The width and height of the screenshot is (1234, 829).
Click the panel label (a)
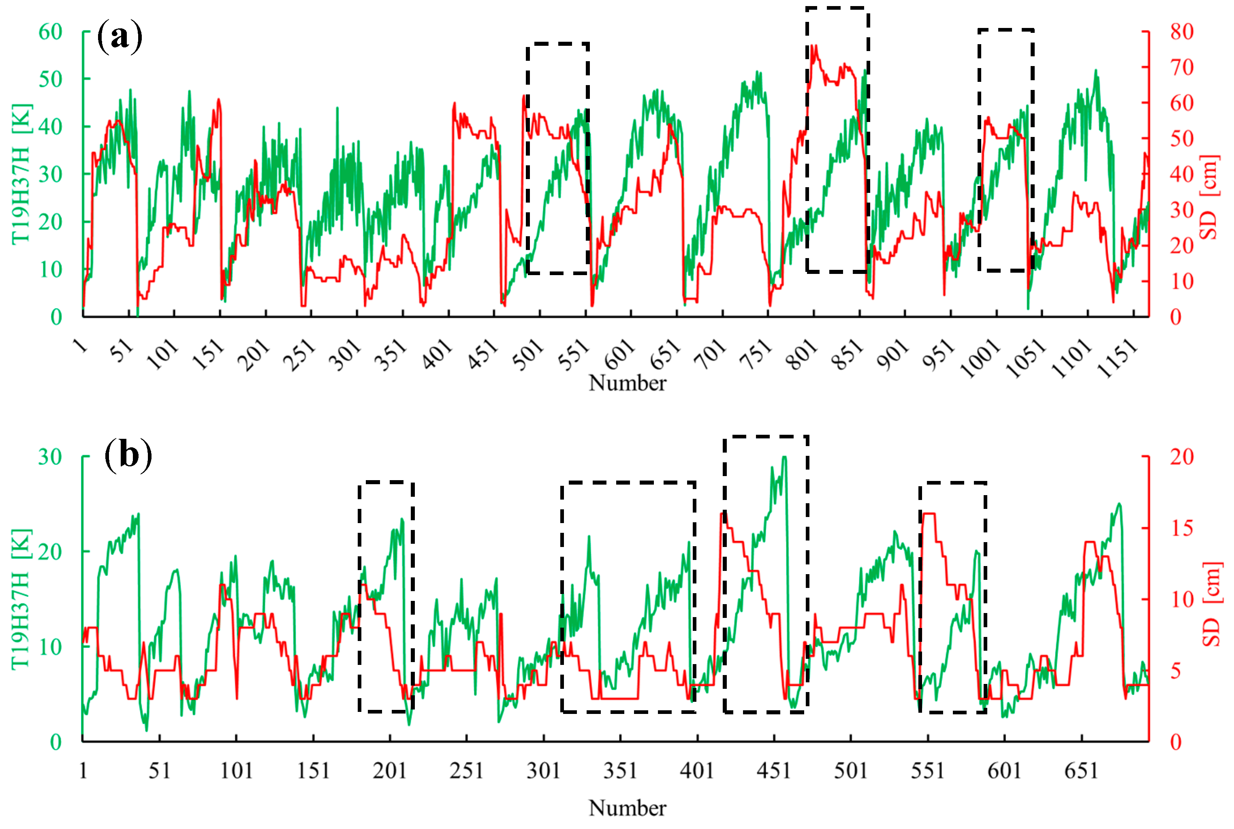click(120, 36)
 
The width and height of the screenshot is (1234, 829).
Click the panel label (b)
click(128, 455)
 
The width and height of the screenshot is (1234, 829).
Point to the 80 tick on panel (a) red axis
click(1181, 32)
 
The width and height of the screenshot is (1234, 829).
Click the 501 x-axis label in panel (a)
click(528, 354)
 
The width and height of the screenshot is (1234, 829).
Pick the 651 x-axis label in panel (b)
click(1081, 770)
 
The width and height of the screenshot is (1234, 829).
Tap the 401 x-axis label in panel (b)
click(696, 770)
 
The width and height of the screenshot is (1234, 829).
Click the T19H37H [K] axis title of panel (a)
click(21, 175)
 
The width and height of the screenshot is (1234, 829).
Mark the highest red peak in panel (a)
click(814, 47)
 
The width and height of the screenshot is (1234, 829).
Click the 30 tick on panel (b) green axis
click(50, 457)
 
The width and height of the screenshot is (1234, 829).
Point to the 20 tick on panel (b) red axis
click(1181, 457)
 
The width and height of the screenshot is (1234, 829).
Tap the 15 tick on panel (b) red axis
click(1181, 528)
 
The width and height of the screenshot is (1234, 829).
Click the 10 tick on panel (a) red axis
click(1181, 281)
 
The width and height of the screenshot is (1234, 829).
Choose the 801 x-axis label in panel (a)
click(801, 354)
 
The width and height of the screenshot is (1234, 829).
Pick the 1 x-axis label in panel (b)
click(83, 770)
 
